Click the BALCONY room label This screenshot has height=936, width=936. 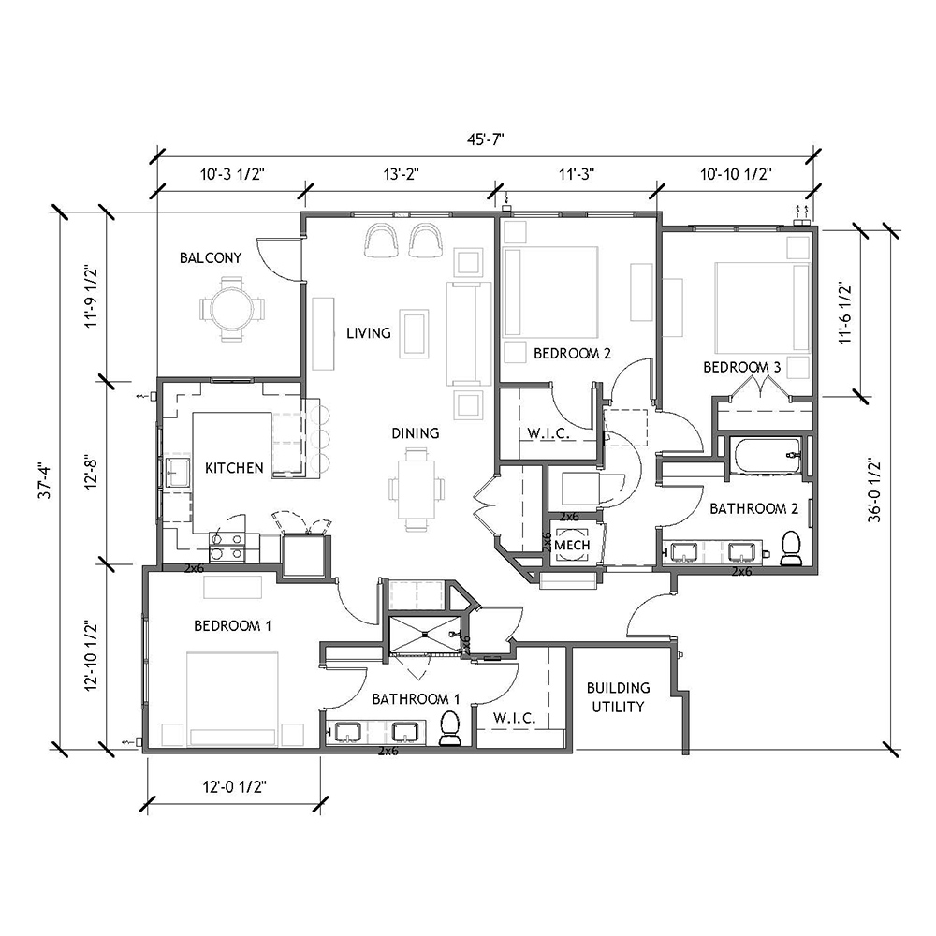pos(211,258)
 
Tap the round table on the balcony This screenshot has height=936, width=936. pos(231,309)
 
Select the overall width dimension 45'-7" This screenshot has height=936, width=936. pos(485,139)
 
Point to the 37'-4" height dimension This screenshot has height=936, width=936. pos(45,480)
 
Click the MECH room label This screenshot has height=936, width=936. pos(572,545)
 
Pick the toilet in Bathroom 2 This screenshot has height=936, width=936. pos(791,548)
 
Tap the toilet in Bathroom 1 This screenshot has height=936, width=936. pos(450,728)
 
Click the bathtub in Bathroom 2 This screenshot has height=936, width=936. pos(768,457)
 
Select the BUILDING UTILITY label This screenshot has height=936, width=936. pos(618,697)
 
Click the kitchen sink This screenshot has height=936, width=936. pos(177,472)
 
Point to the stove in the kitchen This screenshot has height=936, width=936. pos(227,548)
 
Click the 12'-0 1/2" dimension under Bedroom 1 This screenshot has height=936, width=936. pos(234,787)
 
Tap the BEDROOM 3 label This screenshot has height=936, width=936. pos(741,367)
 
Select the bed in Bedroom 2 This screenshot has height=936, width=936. pos(550,292)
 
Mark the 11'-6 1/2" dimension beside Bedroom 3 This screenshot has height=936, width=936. pos(844,313)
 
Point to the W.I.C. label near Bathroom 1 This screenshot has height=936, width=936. pos(514,718)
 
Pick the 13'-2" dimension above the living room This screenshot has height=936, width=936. pos(402,174)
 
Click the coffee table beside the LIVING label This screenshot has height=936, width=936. pos(414,333)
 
